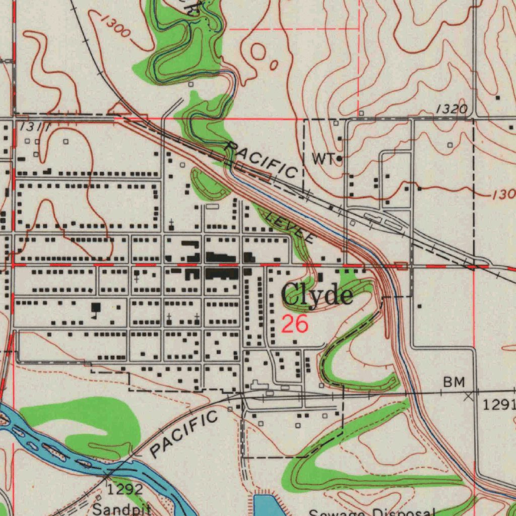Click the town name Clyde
pos(317,295)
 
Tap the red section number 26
pos(295,325)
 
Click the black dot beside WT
pos(339,159)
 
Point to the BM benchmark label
pos(454,382)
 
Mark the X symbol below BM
pos(469,397)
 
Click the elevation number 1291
pos(498,404)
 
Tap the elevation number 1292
pos(124,489)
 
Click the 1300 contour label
pos(115,25)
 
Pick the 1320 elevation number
pos(452,109)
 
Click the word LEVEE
pos(289,226)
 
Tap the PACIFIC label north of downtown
pos(261,159)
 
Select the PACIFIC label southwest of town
pos(184,434)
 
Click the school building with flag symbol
pos(96,308)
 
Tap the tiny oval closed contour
pos(273,65)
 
